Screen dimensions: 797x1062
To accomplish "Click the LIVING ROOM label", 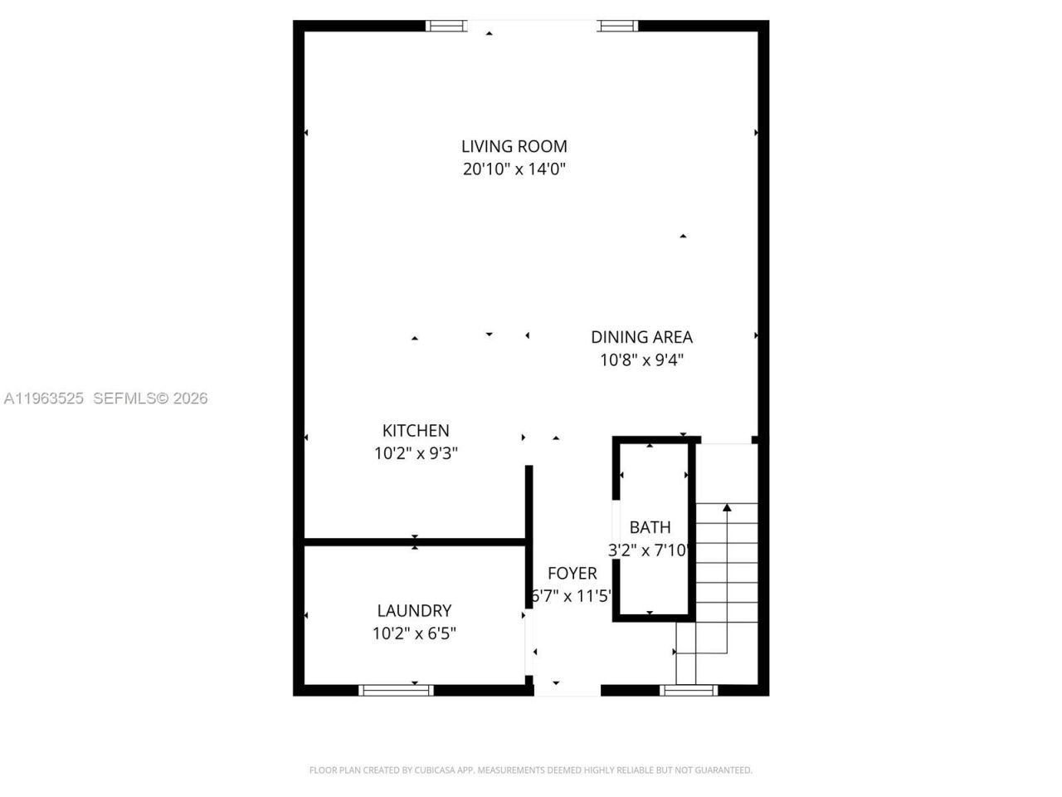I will (514, 146).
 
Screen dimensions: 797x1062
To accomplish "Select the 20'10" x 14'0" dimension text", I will (514, 169).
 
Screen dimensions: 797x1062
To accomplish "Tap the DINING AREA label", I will (641, 337).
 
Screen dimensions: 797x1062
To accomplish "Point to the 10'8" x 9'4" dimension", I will (641, 360).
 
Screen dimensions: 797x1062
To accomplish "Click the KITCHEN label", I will (416, 431).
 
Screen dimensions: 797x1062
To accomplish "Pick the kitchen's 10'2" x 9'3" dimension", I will (416, 454).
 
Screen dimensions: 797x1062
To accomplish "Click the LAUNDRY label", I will (414, 611).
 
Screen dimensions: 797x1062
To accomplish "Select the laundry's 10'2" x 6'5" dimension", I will (414, 634).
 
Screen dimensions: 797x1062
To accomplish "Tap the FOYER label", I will (572, 574).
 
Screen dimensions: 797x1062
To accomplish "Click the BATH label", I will (650, 527).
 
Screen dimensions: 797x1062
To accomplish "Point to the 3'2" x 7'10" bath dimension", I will (650, 550).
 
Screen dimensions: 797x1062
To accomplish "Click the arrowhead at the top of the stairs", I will (728, 506).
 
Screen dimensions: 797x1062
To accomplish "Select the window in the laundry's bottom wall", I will (396, 690).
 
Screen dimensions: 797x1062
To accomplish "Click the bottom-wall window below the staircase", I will (689, 690).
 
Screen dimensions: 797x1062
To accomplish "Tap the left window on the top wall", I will (446, 26).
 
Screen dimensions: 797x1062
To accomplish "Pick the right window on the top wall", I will (619, 26).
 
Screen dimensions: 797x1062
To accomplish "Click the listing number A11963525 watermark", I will (43, 398).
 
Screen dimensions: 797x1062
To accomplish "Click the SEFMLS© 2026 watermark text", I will (150, 398).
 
